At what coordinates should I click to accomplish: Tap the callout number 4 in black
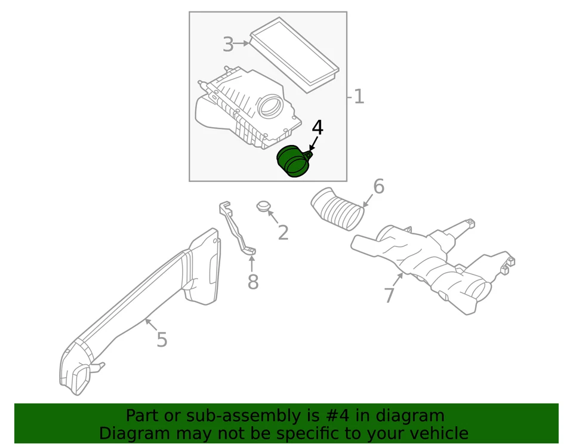318,128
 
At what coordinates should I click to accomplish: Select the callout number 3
228,44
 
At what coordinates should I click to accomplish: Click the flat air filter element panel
294,53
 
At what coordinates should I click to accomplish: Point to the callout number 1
359,97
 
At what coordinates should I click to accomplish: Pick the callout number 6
378,187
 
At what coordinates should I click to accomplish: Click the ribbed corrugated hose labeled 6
337,209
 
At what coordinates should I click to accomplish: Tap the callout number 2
283,233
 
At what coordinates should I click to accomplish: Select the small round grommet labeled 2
263,206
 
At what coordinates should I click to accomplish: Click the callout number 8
253,282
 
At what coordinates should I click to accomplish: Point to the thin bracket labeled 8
236,230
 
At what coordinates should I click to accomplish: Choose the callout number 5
162,340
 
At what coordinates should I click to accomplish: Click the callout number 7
389,295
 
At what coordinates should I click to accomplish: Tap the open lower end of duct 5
76,377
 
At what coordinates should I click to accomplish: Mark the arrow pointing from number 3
242,44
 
